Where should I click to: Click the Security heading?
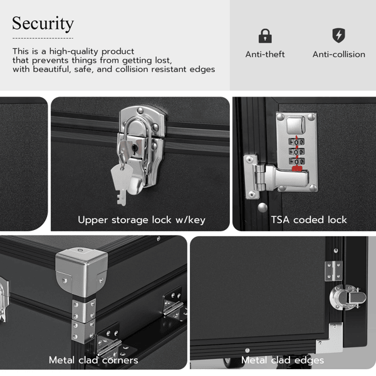(x=43, y=24)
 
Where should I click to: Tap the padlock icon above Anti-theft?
(x=265, y=36)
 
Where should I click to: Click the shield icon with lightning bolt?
(x=338, y=36)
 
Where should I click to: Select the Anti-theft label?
(x=265, y=55)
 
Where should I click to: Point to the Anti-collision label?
(x=339, y=55)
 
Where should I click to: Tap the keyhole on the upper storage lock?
(x=135, y=149)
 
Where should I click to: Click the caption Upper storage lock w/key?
(x=142, y=220)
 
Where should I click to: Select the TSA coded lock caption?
(x=309, y=220)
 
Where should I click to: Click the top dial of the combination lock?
(x=296, y=142)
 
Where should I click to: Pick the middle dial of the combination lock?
(x=296, y=152)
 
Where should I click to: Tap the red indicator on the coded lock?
(x=297, y=169)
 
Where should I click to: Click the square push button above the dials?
(x=296, y=125)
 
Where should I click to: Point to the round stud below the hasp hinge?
(x=263, y=207)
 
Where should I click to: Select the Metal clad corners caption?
(x=93, y=360)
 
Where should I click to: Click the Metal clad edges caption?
(x=283, y=360)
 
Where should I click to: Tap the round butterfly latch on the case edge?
(x=348, y=297)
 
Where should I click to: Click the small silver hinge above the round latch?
(x=333, y=271)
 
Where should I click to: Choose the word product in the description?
(x=118, y=51)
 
